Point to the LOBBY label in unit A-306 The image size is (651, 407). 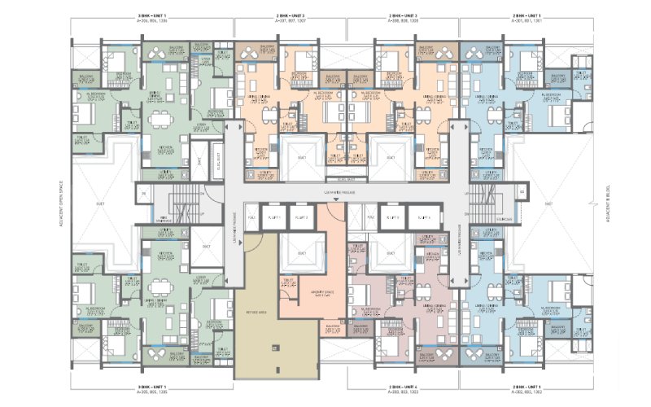200,128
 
